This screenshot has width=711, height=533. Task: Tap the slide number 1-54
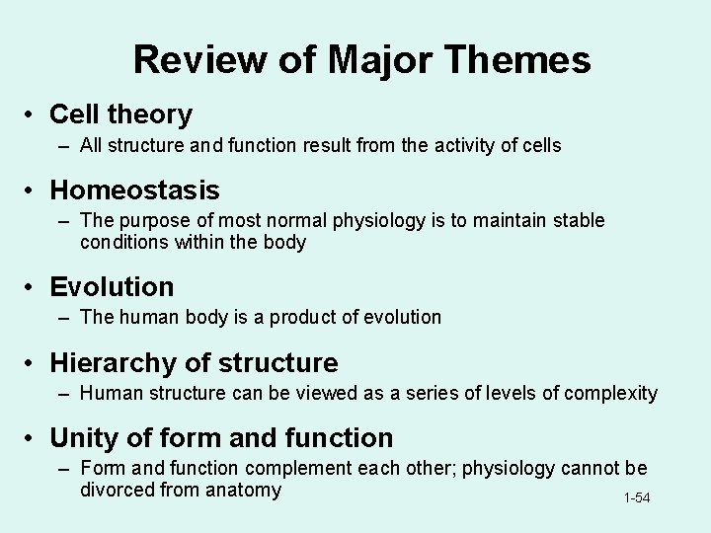click(x=636, y=498)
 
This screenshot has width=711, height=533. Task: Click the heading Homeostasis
click(x=134, y=189)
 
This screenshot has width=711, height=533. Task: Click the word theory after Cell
click(x=153, y=114)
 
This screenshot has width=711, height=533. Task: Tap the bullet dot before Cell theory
click(x=33, y=115)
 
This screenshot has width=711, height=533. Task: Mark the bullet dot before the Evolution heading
click(x=33, y=288)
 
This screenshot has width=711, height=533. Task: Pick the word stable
click(x=579, y=220)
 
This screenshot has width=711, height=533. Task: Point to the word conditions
click(x=121, y=242)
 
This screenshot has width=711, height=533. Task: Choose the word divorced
click(x=118, y=490)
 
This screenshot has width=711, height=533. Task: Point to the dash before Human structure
click(x=63, y=393)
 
